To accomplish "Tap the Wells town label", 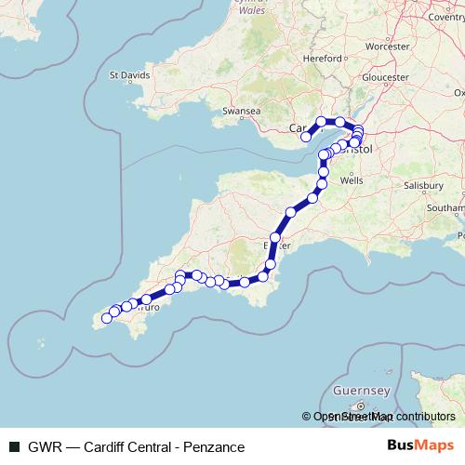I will tap(352, 181).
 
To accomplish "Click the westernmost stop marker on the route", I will tap(106, 318).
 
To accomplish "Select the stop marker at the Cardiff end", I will tap(306, 138).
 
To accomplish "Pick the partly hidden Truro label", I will tap(151, 306).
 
